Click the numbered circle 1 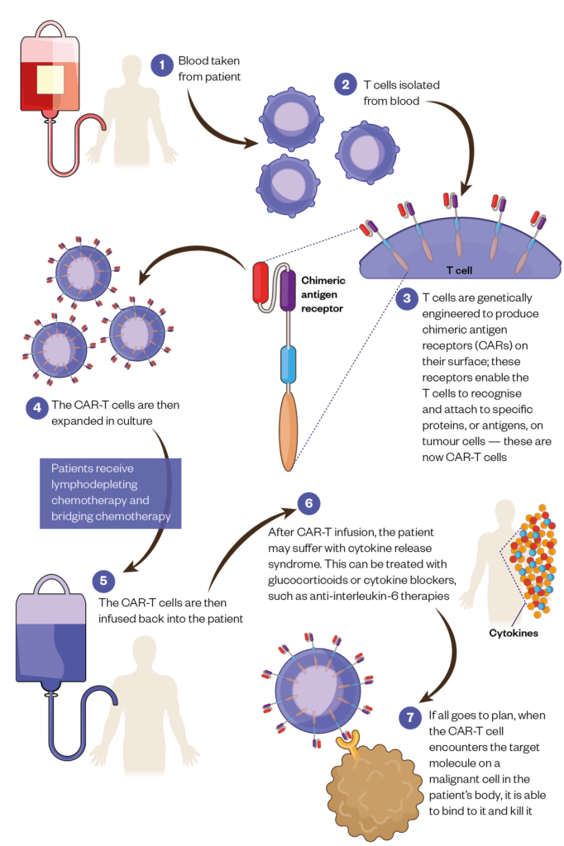pos(162,64)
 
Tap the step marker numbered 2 pos(346,83)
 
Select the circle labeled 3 pos(407,298)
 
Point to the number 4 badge pos(37,407)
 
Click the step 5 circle pos(103,580)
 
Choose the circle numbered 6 pos(308,503)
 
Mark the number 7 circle pos(410,717)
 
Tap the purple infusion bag pos(51,640)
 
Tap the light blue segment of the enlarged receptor pos(288,365)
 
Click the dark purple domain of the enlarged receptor pos(288,291)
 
